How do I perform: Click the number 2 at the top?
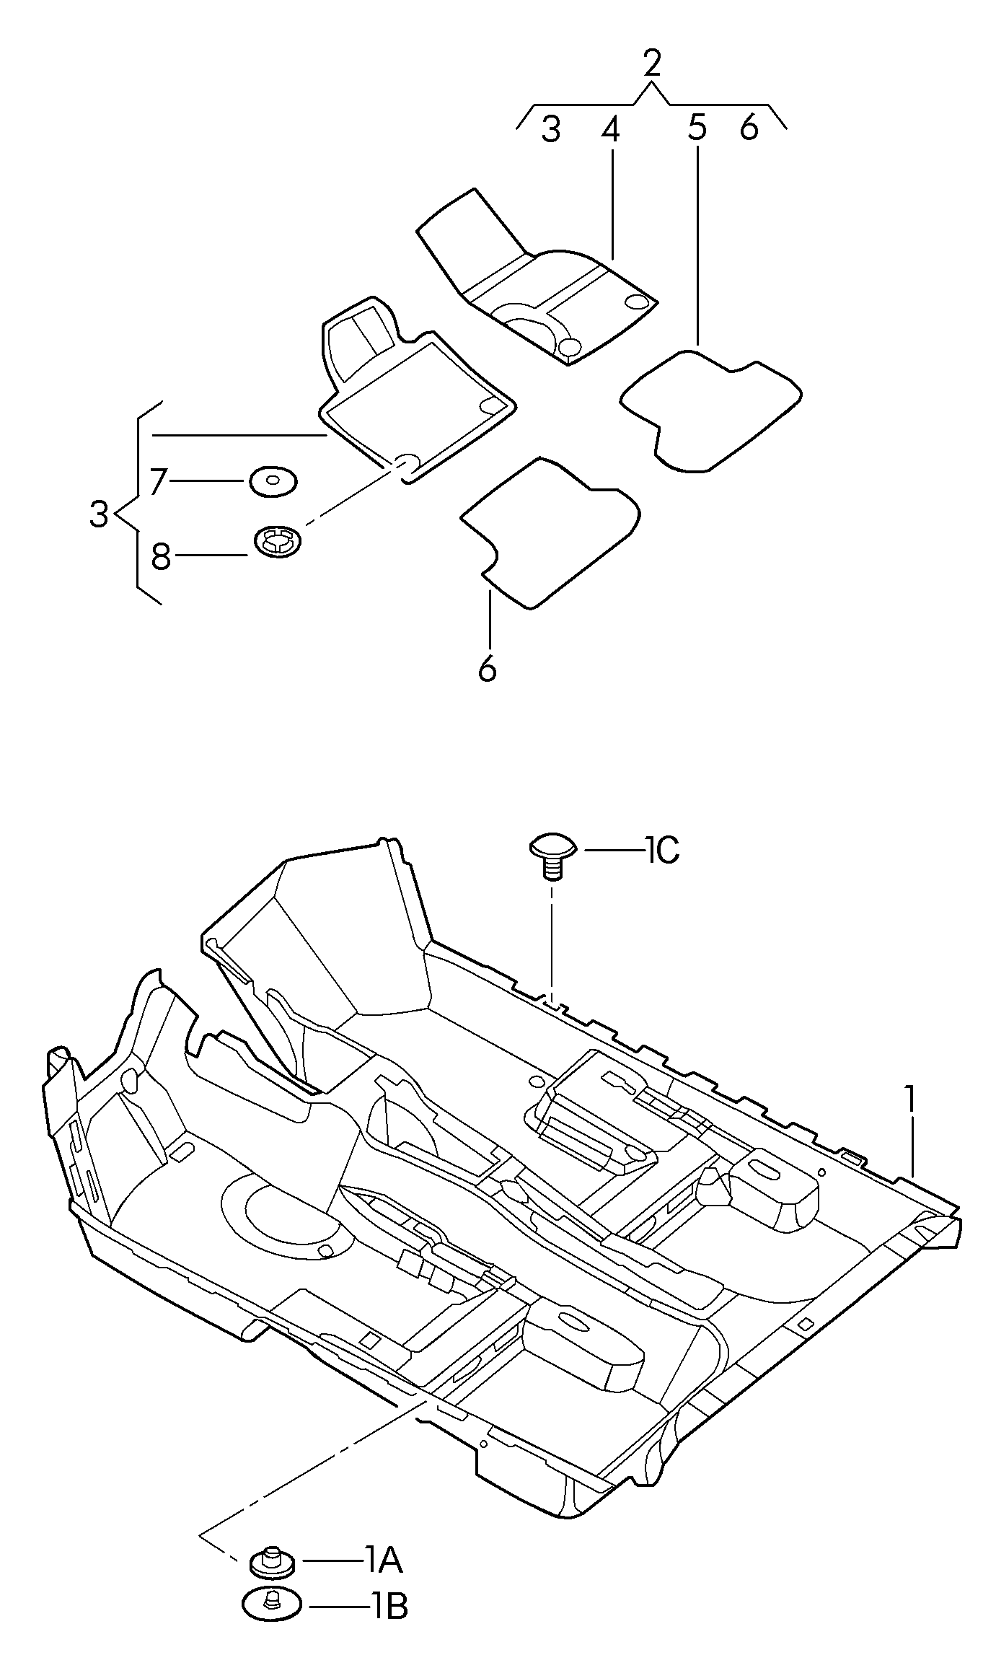pos(651,63)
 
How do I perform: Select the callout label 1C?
pos(662,851)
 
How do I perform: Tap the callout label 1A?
pos(382,1561)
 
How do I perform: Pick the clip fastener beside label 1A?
pos(272,1561)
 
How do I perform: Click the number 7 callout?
pos(159,480)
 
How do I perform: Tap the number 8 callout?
pos(161,556)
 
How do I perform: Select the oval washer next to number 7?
pos(274,482)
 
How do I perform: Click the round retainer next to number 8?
pos(278,540)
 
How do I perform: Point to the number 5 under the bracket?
pos(697,128)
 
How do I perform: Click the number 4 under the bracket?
pos(610,129)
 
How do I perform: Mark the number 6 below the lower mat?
pos(488,669)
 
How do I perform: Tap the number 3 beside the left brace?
pos(99,514)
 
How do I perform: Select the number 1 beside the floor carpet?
pos(911,1101)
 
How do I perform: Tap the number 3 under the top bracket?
pos(551,130)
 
